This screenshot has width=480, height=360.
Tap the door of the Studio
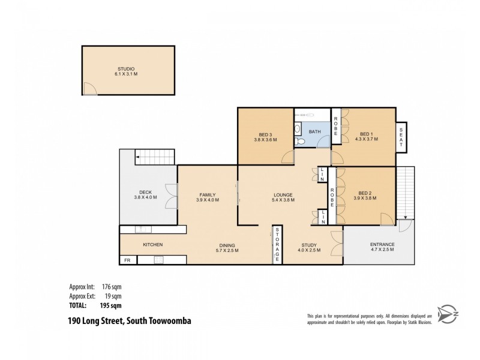89,89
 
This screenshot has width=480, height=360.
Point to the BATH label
315,131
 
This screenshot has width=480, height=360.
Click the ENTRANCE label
382,244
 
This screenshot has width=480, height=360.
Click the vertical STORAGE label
277,245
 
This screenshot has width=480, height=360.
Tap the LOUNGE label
283,194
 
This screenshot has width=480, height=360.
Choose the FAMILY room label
208,194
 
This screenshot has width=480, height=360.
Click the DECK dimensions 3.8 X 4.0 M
144,199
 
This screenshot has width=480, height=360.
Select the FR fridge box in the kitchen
127,260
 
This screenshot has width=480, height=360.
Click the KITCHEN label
152,244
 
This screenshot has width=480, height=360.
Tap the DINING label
227,245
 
